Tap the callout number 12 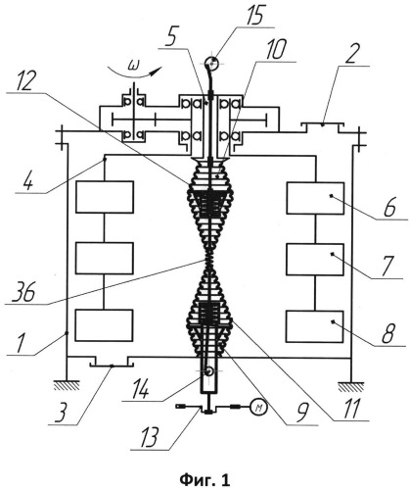[x=23, y=80]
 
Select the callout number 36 [x=23, y=292]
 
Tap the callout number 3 [x=62, y=413]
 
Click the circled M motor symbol [x=259, y=408]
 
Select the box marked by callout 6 [x=315, y=198]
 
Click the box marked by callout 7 [x=315, y=260]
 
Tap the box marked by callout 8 [x=315, y=326]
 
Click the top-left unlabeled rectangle [x=105, y=197]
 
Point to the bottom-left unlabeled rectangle [x=104, y=325]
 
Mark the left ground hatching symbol [x=67, y=385]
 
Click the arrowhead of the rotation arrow [x=158, y=70]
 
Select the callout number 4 [x=28, y=180]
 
